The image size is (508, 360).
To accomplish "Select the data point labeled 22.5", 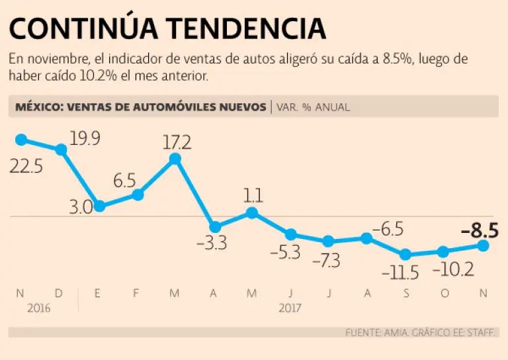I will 21,140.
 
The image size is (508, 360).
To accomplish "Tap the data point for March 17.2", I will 175,159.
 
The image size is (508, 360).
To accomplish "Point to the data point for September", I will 405,255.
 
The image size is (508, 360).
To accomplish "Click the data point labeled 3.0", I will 100,206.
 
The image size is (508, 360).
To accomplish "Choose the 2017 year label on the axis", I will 290,308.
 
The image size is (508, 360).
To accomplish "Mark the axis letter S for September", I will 405,292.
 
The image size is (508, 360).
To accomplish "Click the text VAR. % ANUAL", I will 313,107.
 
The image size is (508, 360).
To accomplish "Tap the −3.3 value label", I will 212,244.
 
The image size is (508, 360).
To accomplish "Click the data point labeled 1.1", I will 252,212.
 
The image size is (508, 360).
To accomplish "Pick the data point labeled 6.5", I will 138,195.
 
